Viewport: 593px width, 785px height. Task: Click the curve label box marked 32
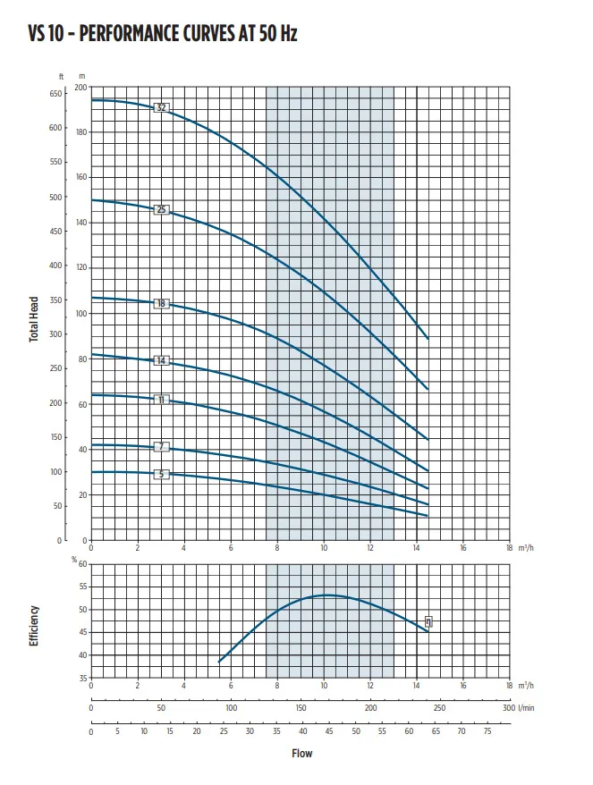[x=162, y=108]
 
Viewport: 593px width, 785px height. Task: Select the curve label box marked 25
[x=162, y=210]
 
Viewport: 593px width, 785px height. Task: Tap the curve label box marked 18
[x=162, y=304]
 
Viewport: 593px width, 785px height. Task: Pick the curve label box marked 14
[x=162, y=360]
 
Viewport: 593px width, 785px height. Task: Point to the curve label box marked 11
[x=162, y=400]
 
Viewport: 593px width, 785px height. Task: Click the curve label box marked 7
[x=162, y=446]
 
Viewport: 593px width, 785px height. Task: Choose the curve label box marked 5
[x=162, y=474]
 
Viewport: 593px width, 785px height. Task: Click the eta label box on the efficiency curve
[x=428, y=622]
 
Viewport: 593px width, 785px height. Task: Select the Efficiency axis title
[x=34, y=627]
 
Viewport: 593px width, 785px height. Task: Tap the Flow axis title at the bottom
[x=301, y=754]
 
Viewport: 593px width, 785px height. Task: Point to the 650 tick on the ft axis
[x=56, y=93]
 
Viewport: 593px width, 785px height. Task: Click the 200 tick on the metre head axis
[x=81, y=88]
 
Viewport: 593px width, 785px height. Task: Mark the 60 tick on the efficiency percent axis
[x=83, y=564]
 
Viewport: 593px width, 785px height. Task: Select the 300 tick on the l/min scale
[x=508, y=707]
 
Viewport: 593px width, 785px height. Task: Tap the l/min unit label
[x=528, y=707]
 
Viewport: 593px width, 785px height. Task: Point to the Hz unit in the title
[x=287, y=34]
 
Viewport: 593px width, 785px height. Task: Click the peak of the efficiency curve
[x=327, y=595]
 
